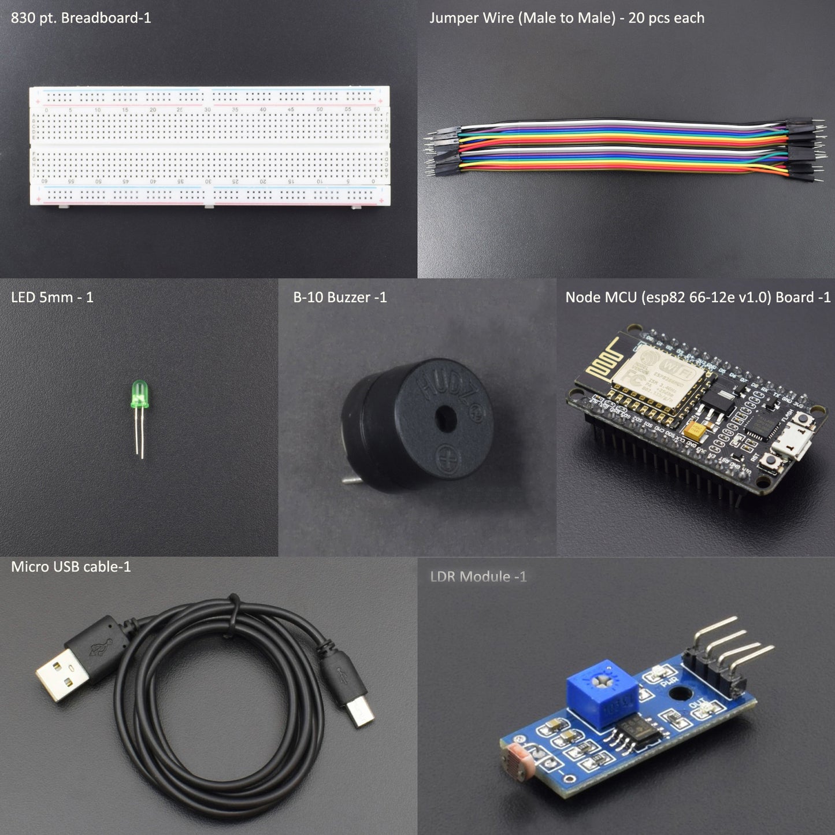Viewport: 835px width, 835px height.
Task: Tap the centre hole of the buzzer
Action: click(x=444, y=418)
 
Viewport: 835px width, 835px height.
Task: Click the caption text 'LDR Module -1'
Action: click(x=478, y=576)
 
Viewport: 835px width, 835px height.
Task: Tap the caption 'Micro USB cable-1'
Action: click(x=71, y=566)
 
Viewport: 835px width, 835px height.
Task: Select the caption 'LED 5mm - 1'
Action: click(x=52, y=297)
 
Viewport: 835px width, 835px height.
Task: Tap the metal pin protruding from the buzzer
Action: click(x=349, y=480)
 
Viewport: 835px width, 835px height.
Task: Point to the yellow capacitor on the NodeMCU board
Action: click(x=693, y=431)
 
